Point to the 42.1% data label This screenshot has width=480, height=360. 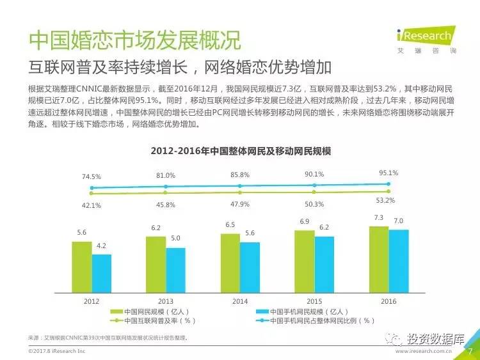[92, 206]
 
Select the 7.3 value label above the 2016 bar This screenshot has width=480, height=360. [379, 218]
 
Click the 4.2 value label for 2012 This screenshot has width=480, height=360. [102, 246]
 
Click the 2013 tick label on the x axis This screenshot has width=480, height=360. [166, 301]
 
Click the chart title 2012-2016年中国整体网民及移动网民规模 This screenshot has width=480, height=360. [240, 152]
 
